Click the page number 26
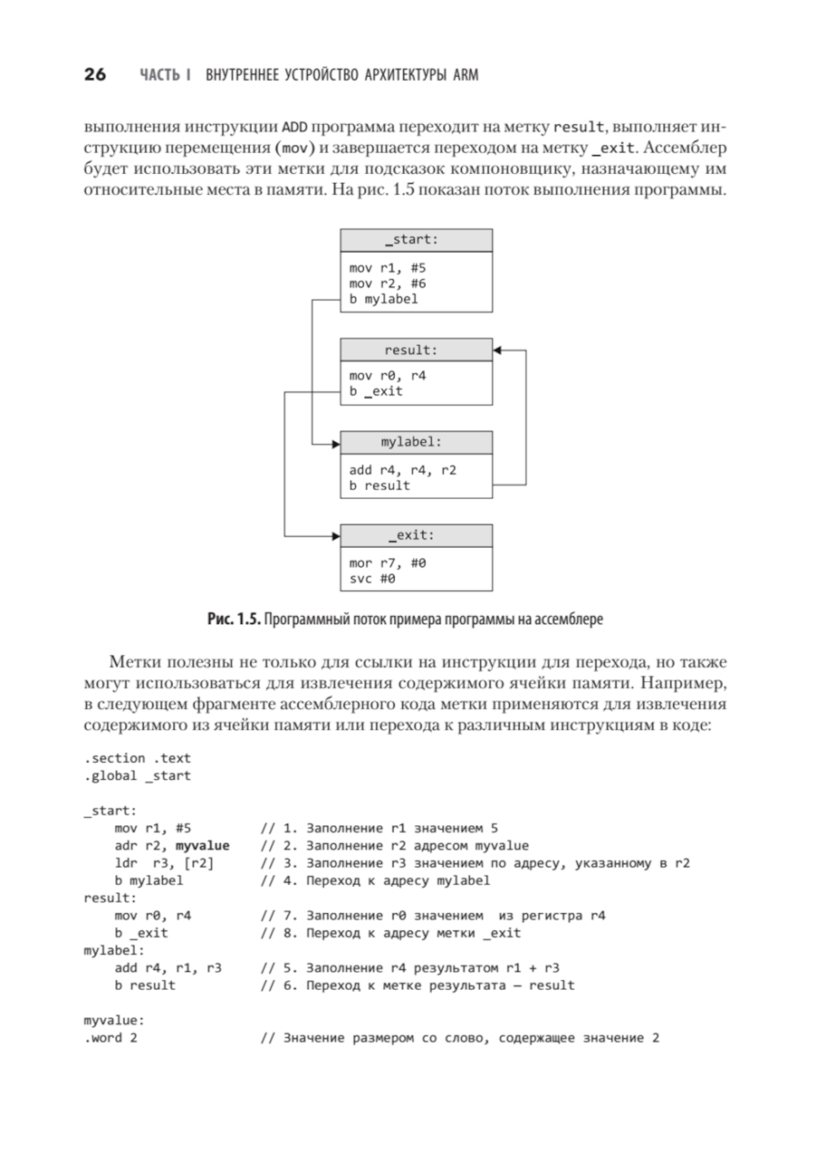(95, 75)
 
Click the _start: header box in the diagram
(416, 240)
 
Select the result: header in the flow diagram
(416, 350)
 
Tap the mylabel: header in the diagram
(416, 442)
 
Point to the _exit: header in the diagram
(416, 535)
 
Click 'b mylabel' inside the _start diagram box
(384, 299)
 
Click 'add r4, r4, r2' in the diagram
(402, 470)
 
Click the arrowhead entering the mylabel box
(335, 444)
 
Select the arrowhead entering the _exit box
(335, 536)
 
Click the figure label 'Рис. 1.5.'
(233, 619)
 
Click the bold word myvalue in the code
(202, 846)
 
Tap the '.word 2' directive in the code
(110, 1038)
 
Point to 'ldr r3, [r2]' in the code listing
(164, 863)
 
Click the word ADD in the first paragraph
(295, 127)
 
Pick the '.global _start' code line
(137, 776)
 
